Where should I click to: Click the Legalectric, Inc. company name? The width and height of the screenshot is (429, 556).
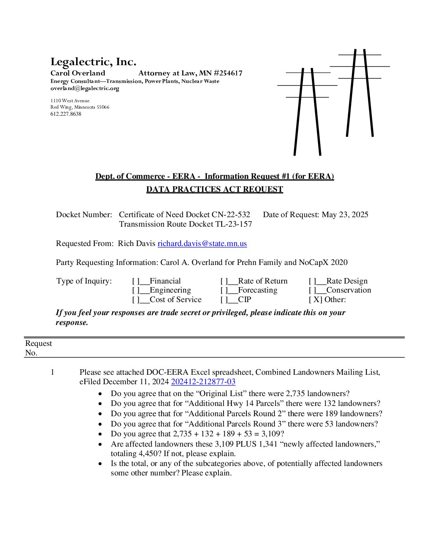click(x=93, y=62)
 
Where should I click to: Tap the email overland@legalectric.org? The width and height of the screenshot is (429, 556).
click(x=85, y=88)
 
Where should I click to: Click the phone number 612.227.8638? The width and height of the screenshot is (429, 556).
click(x=66, y=114)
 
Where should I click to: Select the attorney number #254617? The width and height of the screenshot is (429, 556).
click(x=228, y=73)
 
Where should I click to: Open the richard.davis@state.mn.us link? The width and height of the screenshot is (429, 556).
click(x=202, y=244)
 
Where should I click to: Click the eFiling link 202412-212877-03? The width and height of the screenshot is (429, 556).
click(x=203, y=382)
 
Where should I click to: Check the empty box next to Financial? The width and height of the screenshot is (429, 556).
click(x=136, y=281)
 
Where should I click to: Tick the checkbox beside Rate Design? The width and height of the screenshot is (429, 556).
click(x=312, y=281)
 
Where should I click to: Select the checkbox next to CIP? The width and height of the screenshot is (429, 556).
click(x=224, y=300)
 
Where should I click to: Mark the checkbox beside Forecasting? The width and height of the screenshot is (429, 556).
click(x=224, y=290)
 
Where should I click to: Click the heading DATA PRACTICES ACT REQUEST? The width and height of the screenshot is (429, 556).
click(x=214, y=190)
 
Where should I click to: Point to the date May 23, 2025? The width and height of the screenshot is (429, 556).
click(x=345, y=215)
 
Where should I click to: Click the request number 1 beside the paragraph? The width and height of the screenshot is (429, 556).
click(x=52, y=372)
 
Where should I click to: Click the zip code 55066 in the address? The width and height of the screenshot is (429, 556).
click(x=103, y=107)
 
